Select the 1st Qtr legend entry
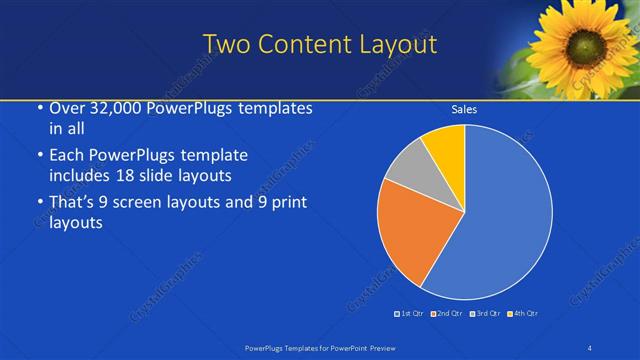[410, 314]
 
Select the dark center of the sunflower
[584, 46]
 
